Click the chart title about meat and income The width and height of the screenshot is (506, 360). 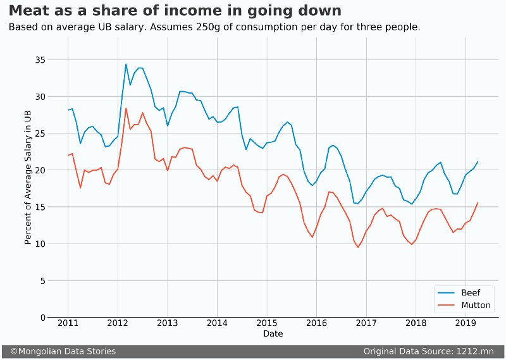click(175, 11)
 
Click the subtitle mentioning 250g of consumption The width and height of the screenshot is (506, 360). click(214, 27)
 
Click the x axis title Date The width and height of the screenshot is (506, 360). click(273, 333)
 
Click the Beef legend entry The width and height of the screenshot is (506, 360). click(470, 293)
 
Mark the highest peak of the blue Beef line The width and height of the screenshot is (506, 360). click(126, 64)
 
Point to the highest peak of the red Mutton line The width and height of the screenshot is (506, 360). click(126, 108)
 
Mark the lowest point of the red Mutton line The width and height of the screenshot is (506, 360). click(358, 247)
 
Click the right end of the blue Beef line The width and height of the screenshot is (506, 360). click(478, 162)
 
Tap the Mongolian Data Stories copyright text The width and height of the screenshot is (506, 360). click(63, 351)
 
